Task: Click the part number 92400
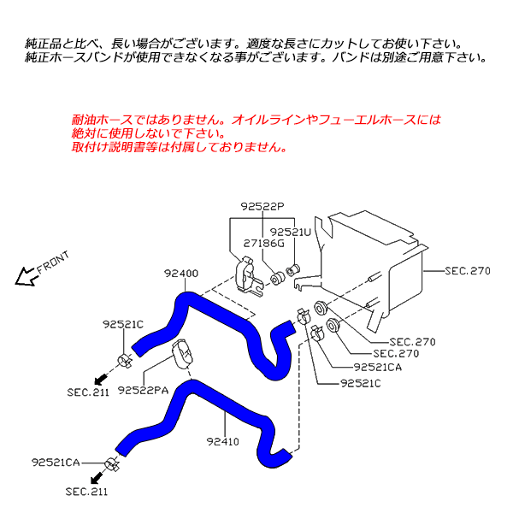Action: (x=181, y=274)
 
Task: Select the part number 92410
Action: (x=222, y=442)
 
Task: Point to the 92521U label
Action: (x=292, y=232)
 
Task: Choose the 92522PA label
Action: (x=141, y=391)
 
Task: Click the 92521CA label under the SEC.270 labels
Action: (x=377, y=368)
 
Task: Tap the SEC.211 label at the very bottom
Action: (x=86, y=492)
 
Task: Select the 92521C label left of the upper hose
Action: (x=123, y=324)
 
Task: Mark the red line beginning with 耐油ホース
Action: (x=256, y=121)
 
